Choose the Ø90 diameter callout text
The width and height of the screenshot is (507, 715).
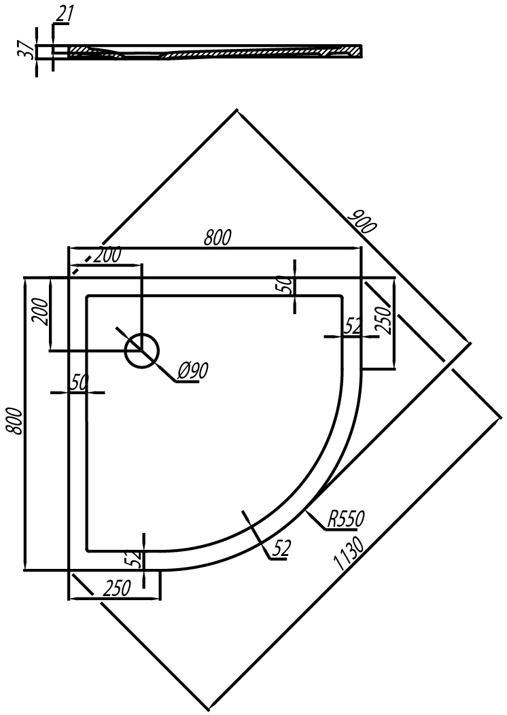click(192, 372)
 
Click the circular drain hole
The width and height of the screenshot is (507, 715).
click(142, 351)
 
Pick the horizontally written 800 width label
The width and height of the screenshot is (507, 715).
click(217, 238)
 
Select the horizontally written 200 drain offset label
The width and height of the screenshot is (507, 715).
click(107, 256)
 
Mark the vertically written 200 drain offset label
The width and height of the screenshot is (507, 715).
click(41, 311)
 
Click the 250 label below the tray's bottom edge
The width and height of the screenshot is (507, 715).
click(117, 589)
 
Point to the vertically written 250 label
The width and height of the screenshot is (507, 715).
click(385, 321)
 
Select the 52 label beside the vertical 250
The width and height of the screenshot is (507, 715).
click(353, 326)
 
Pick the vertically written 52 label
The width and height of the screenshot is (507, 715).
click(136, 559)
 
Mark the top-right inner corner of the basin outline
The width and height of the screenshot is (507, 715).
click(341, 297)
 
